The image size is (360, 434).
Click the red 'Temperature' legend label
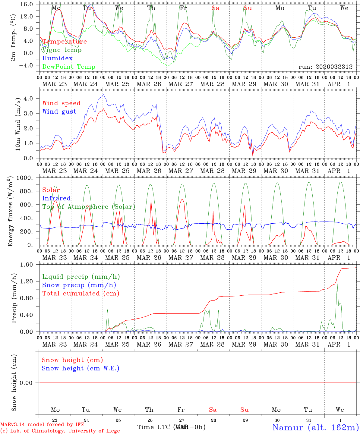(65, 42)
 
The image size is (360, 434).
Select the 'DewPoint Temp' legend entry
(69, 67)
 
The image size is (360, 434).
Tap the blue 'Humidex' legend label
(57, 58)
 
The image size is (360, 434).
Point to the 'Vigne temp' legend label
(62, 50)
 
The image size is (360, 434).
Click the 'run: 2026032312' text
(325, 67)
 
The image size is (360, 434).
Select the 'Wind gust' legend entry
(59, 112)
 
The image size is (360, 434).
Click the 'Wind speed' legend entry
(62, 103)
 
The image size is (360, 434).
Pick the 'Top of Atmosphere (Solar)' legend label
(88, 207)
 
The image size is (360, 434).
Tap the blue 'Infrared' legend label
(56, 198)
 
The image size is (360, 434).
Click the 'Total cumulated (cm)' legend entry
(81, 293)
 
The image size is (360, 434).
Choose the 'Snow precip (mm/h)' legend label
(79, 285)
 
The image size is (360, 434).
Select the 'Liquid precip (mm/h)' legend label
(81, 277)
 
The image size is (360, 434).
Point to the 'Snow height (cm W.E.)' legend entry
(81, 368)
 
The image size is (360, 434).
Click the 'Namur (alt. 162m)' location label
(315, 427)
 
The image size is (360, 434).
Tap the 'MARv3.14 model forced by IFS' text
(42, 425)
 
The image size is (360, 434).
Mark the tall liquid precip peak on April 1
(337, 284)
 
